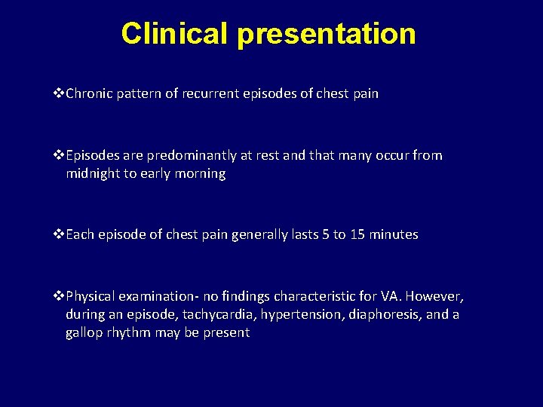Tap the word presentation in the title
pyautogui.click(x=326, y=34)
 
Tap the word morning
pyautogui.click(x=199, y=173)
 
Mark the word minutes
pyautogui.click(x=394, y=234)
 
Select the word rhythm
pyautogui.click(x=130, y=332)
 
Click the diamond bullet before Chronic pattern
pyautogui.click(x=60, y=94)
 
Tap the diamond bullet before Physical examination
pyautogui.click(x=60, y=295)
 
